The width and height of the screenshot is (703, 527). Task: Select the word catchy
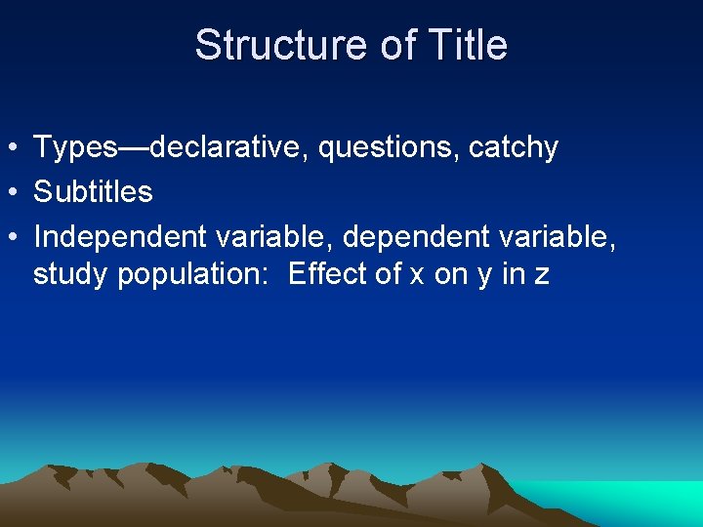(514, 147)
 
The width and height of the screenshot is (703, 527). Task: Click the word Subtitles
(93, 191)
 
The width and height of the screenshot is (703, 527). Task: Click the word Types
(75, 147)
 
